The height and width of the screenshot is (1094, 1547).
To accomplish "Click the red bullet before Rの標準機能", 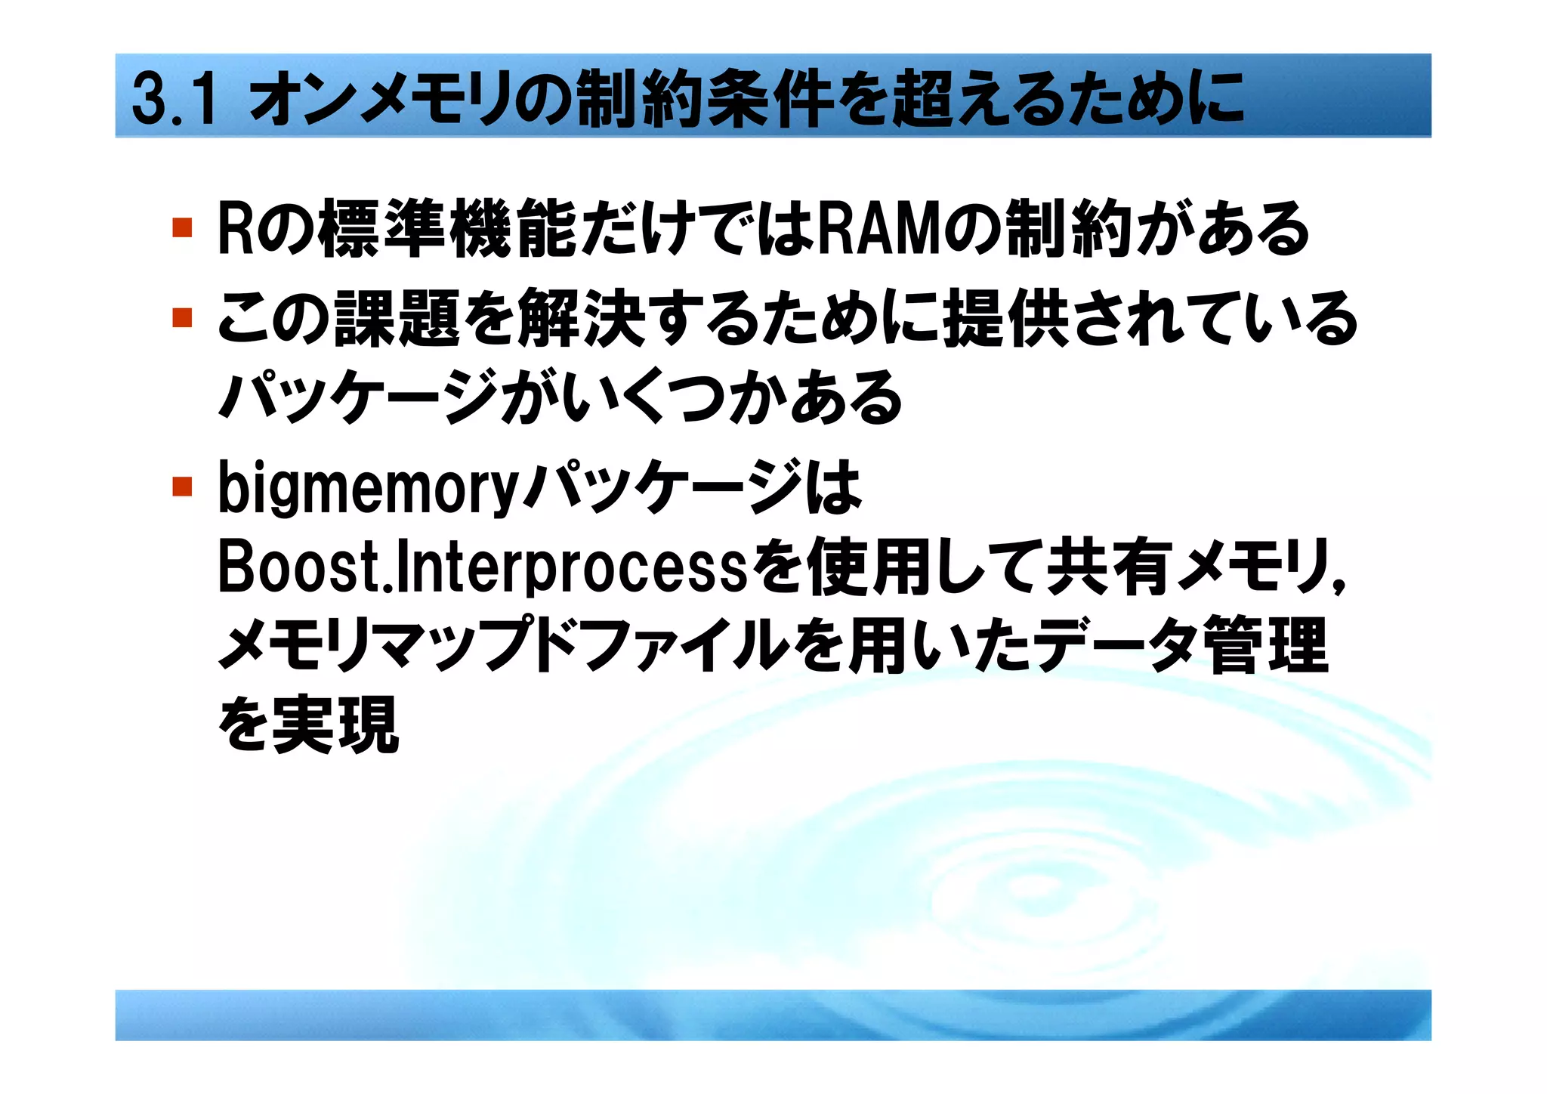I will (182, 227).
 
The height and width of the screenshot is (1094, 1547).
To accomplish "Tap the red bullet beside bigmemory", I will (182, 486).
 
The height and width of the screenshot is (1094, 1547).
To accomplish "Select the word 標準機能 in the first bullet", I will (446, 227).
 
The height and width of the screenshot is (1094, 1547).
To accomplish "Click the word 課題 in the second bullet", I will (397, 318).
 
